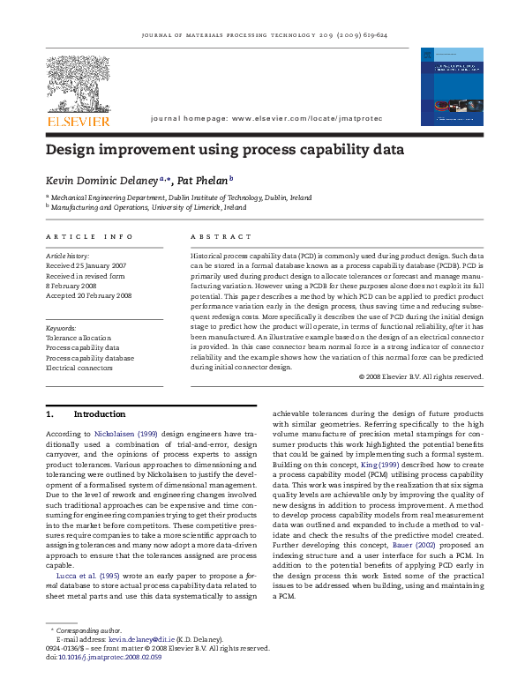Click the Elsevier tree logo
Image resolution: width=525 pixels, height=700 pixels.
[79, 81]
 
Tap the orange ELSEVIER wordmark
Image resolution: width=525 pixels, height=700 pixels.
[79, 121]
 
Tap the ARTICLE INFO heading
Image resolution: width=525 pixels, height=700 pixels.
[90, 237]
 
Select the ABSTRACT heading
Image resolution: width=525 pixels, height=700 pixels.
[215, 237]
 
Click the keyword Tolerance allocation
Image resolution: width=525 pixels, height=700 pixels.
[79, 338]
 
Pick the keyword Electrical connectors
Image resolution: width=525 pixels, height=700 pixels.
[79, 368]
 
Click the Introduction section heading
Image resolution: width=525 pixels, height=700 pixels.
[99, 413]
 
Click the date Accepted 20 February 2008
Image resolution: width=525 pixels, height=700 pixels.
[89, 295]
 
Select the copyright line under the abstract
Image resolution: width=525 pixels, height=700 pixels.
[422, 376]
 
